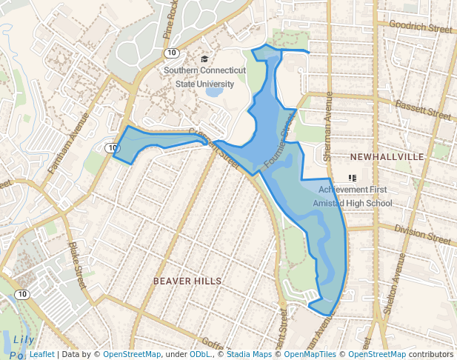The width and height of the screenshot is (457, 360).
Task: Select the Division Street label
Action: pos(422,236)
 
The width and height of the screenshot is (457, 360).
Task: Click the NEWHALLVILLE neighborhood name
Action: pos(387,157)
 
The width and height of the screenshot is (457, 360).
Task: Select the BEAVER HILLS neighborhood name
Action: pos(187,281)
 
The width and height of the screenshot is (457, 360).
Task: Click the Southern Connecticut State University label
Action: pos(204,77)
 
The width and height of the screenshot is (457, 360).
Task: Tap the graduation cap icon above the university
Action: pos(205,59)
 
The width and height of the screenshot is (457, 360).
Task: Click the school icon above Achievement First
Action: pos(353,178)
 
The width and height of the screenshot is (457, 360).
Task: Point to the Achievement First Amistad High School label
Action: pos(353,196)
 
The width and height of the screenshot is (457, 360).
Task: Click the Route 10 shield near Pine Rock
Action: pos(171,53)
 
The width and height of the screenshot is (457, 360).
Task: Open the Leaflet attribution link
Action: pos(41,355)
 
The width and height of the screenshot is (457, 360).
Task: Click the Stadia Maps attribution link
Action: pos(249,355)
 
